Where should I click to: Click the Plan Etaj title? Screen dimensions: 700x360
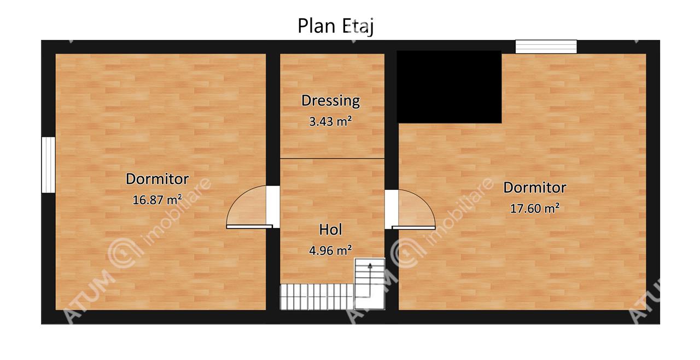(x=335, y=26)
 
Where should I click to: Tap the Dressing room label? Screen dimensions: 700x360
(x=331, y=101)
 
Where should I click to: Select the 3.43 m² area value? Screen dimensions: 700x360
(x=331, y=121)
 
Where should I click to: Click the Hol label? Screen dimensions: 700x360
(x=331, y=230)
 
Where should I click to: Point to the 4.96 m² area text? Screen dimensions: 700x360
(x=331, y=251)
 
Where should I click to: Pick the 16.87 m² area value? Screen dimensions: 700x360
(x=157, y=200)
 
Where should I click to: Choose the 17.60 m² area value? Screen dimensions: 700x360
(x=535, y=208)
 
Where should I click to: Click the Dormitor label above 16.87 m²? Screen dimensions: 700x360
(x=157, y=179)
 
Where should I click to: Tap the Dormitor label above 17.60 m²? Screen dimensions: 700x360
(x=535, y=188)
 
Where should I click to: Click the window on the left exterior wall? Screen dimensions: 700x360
(x=49, y=165)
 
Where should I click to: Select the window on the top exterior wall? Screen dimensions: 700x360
(x=546, y=47)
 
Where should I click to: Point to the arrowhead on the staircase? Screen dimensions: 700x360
(x=370, y=266)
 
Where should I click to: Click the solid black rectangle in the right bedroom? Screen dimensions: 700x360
(x=449, y=87)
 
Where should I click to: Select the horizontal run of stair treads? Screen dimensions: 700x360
(x=317, y=297)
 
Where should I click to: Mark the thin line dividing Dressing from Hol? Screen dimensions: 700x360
(x=332, y=159)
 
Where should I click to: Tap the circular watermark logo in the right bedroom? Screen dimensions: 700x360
(x=406, y=252)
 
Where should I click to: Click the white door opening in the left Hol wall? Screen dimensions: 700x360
(x=273, y=207)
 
